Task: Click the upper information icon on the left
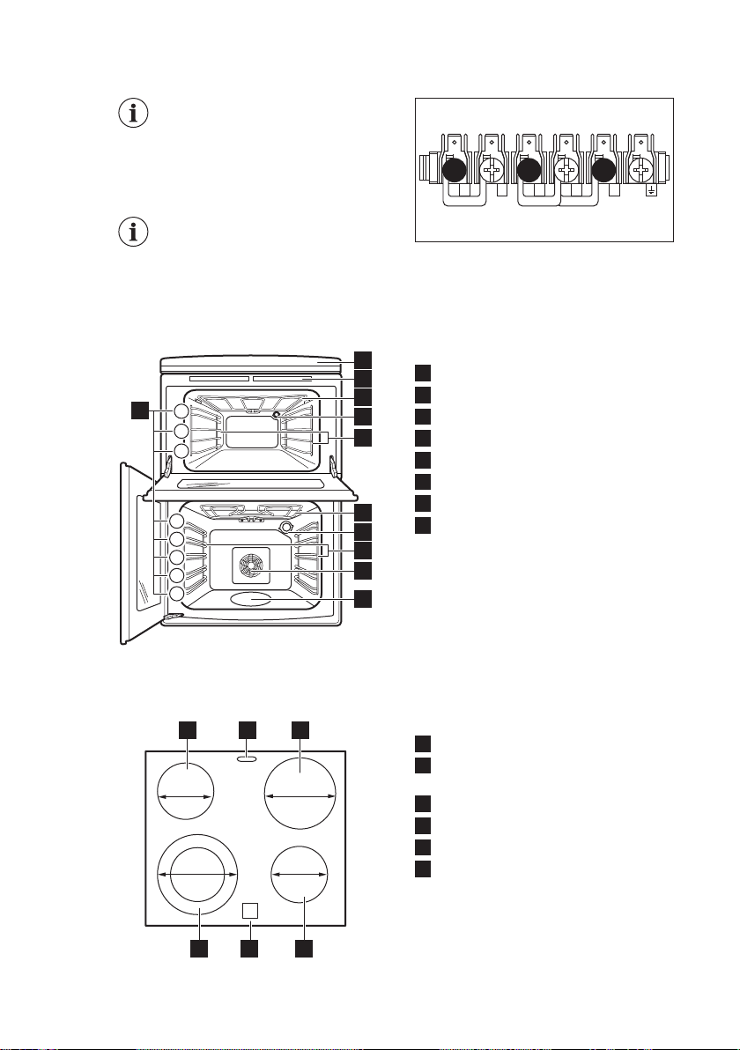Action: coord(134,115)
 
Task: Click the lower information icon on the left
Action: coord(134,233)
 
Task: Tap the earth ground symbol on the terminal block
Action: coord(651,189)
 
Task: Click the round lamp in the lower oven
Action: coord(285,527)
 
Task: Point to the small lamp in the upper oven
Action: coord(277,414)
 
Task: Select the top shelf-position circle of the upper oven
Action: coord(181,411)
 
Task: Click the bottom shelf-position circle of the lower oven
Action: coord(177,594)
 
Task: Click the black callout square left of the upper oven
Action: coord(139,410)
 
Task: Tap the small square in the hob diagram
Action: coord(250,909)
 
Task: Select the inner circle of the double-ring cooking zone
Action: coord(198,874)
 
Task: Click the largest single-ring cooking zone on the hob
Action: coord(300,795)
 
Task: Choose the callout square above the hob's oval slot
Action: coord(247,728)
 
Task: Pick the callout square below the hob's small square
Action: coord(250,950)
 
